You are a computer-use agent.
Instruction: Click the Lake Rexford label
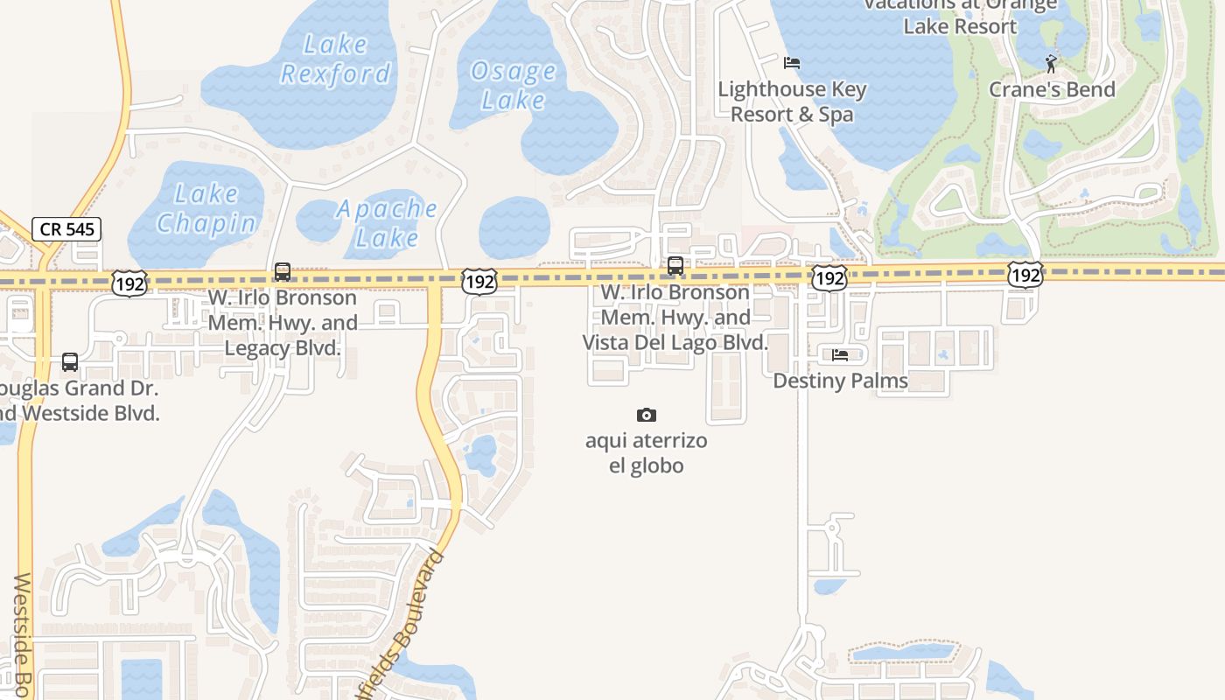click(335, 59)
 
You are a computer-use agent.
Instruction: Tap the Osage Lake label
click(513, 85)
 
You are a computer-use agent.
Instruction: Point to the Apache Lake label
click(387, 222)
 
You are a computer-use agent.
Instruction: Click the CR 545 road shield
click(67, 229)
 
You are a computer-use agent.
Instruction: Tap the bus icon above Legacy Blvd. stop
click(282, 271)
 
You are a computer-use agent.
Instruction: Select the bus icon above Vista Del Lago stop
click(675, 265)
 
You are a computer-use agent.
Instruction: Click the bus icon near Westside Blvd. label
click(70, 361)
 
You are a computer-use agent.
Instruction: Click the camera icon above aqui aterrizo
click(646, 415)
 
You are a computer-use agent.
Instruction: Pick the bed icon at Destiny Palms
click(840, 354)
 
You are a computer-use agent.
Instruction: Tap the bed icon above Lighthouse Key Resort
click(792, 63)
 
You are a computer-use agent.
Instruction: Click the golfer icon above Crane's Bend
click(1051, 63)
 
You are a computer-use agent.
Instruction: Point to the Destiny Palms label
click(840, 381)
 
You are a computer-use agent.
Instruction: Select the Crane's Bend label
click(1052, 89)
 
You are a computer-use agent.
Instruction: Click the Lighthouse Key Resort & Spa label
click(792, 101)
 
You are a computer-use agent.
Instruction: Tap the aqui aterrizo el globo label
click(646, 452)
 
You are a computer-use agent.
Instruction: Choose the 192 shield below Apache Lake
click(479, 282)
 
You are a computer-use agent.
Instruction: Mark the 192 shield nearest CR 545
click(129, 283)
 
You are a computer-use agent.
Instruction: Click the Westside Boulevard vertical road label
click(23, 634)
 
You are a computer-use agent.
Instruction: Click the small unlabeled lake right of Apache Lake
click(514, 227)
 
